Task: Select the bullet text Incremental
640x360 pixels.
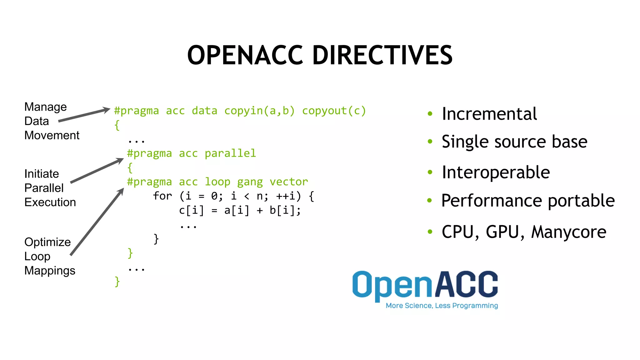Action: [489, 113]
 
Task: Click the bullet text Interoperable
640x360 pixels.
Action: [496, 172]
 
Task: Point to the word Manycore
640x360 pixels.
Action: [569, 232]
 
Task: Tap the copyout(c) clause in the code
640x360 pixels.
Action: [334, 111]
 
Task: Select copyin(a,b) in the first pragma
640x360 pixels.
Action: [259, 111]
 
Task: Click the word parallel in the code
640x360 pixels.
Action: [230, 153]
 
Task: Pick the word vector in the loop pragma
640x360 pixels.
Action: [289, 182]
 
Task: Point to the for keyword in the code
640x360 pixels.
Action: [162, 196]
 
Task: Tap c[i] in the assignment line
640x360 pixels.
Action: [191, 210]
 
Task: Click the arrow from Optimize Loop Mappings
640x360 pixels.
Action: [97, 222]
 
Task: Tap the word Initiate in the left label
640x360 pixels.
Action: [42, 174]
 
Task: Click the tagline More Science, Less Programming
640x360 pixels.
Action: [442, 306]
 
